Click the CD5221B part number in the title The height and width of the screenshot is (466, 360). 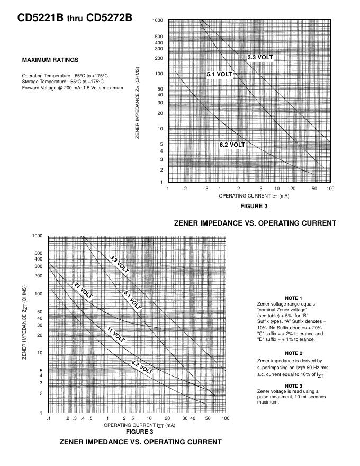pos(40,18)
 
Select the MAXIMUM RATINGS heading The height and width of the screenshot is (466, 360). pos(50,60)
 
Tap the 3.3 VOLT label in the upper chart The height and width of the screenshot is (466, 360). pos(260,57)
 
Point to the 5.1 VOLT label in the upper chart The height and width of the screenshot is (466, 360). pos(219,75)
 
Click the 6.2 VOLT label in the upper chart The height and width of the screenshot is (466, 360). pos(232,145)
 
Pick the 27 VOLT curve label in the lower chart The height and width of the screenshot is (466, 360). pos(83,292)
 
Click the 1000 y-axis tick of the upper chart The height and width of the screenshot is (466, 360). pos(158,21)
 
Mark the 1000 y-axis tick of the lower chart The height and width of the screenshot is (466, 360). pos(37,236)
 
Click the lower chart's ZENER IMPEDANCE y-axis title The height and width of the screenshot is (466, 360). pos(24,322)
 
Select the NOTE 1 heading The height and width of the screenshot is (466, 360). pos(293,298)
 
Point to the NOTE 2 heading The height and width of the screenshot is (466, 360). pos(293,353)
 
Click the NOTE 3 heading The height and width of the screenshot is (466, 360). pos(293,386)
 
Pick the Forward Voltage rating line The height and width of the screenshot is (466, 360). pos(73,88)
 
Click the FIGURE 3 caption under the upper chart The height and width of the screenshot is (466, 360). pos(254,205)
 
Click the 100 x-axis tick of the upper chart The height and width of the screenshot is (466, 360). pos(330,189)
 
